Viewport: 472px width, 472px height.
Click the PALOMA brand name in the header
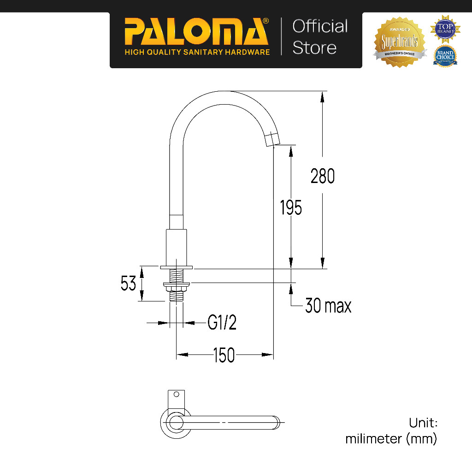196,32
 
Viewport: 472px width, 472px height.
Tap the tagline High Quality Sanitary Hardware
197,52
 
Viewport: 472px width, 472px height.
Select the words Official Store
320,37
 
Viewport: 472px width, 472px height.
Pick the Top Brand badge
445,28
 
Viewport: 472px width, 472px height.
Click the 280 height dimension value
322,177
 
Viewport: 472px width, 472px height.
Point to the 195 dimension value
291,208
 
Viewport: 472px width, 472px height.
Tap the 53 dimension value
129,283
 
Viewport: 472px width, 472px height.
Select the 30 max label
328,306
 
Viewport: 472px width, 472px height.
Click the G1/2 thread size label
222,323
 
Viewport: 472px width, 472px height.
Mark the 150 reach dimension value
224,355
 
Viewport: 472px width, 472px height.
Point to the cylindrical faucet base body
177,247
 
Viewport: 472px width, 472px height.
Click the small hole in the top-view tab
175,395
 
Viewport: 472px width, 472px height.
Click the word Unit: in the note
423,423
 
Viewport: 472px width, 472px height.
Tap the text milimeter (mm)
391,439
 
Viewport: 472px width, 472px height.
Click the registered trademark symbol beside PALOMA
266,21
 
